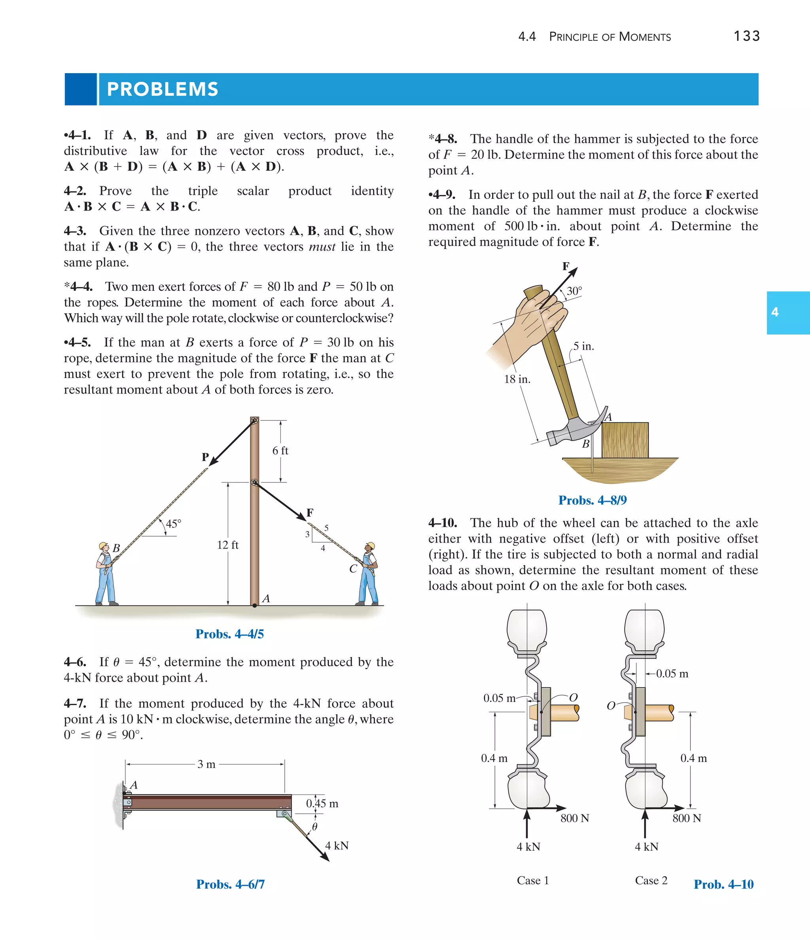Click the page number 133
click(x=746, y=36)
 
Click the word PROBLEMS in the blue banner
click(x=163, y=89)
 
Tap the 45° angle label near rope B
click(x=173, y=524)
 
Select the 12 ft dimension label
click(x=227, y=545)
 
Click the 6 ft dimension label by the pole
click(x=280, y=450)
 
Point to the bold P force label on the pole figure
click(x=205, y=457)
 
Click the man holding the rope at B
click(x=106, y=574)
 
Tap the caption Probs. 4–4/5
click(x=230, y=634)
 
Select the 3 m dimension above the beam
click(x=206, y=764)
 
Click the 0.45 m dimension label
click(x=322, y=804)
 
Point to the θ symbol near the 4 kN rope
click(x=314, y=827)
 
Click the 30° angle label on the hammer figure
click(x=574, y=291)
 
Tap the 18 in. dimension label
click(x=517, y=379)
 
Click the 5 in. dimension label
click(x=583, y=346)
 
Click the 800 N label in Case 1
click(x=575, y=818)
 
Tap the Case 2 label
click(x=651, y=881)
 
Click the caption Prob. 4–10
click(x=723, y=884)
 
